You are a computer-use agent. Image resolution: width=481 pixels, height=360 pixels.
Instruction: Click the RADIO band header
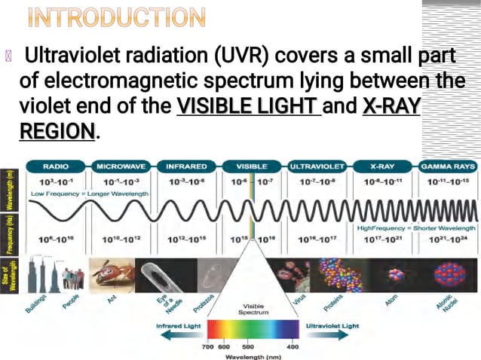click(x=57, y=166)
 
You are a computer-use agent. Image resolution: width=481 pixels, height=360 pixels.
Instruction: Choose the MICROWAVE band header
click(x=121, y=166)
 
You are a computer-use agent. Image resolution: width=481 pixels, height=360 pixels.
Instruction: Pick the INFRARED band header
click(x=186, y=166)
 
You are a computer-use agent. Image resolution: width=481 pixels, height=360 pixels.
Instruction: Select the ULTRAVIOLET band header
click(x=317, y=166)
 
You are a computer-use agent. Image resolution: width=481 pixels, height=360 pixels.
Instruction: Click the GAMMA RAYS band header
click(x=448, y=166)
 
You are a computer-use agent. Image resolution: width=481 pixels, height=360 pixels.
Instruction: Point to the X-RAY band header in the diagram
click(x=382, y=166)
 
